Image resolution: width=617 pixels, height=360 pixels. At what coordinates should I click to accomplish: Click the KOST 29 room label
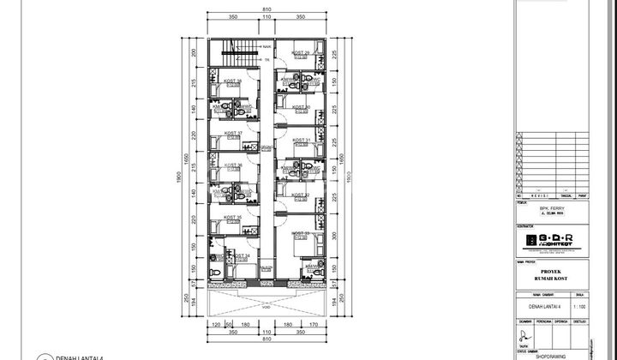pyautogui.click(x=300, y=53)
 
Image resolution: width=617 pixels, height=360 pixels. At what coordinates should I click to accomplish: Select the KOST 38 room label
pyautogui.click(x=232, y=81)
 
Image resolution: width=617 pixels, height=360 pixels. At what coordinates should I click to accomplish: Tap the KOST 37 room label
pyautogui.click(x=233, y=134)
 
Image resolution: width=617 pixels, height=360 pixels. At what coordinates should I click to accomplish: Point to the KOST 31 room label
pyautogui.click(x=301, y=140)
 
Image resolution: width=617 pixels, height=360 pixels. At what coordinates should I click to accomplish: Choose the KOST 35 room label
pyautogui.click(x=233, y=218)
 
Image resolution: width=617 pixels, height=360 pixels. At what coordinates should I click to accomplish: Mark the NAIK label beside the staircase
pyautogui.click(x=267, y=46)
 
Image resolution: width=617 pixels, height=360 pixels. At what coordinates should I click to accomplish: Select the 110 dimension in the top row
pyautogui.click(x=267, y=17)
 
